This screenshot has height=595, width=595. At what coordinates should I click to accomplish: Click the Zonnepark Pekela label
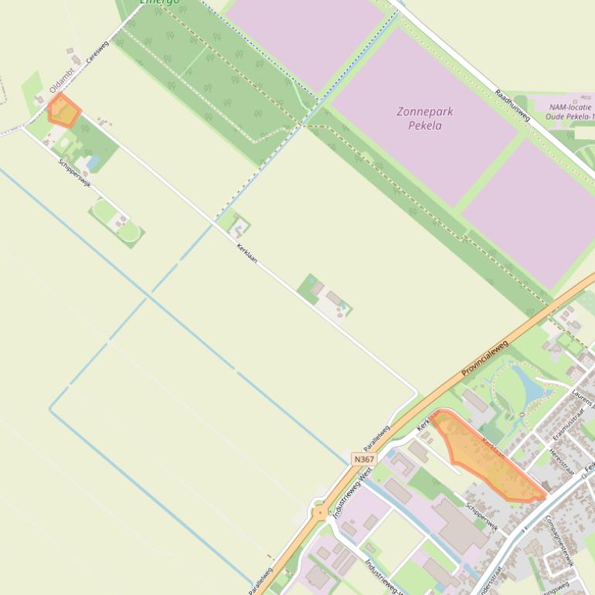424,117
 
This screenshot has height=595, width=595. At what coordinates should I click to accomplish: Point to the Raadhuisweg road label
512,105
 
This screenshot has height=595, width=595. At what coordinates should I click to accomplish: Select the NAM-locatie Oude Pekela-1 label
571,111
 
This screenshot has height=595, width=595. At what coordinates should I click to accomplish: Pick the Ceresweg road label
98,51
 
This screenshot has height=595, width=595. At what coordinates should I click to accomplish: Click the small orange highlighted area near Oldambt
63,111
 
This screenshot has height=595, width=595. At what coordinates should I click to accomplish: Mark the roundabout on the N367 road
320,512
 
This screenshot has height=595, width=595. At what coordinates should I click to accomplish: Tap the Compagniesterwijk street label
559,541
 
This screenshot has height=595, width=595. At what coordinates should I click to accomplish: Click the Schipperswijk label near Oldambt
75,173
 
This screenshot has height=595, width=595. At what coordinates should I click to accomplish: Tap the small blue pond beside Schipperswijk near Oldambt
93,163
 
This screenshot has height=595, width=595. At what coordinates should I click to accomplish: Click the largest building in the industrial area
459,525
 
